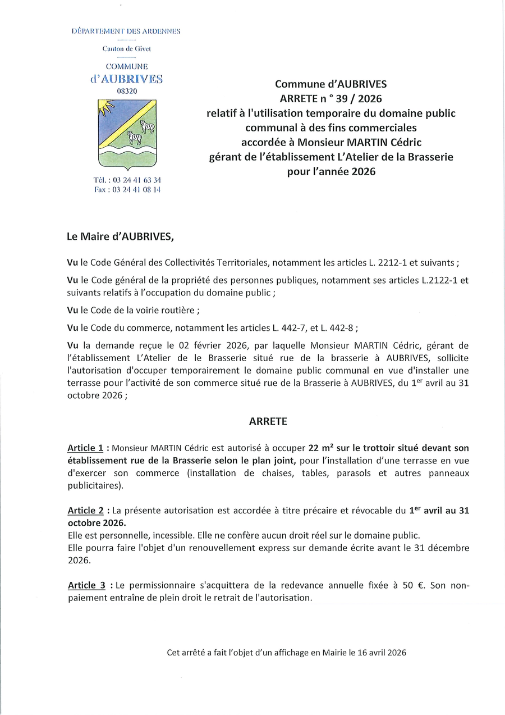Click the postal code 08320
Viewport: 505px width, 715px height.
click(126, 91)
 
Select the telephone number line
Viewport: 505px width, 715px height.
click(127, 180)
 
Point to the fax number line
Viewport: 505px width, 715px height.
click(127, 190)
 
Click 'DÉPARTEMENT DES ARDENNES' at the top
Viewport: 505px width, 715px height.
click(126, 31)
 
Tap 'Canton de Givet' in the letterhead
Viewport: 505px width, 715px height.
click(127, 49)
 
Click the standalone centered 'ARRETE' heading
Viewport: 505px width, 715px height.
click(268, 421)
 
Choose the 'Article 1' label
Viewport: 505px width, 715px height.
click(85, 448)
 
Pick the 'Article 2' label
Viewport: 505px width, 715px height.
click(85, 511)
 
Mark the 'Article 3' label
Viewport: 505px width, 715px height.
click(86, 585)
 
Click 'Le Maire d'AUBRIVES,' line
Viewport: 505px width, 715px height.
click(121, 236)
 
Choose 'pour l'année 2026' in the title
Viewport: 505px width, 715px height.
click(331, 172)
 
